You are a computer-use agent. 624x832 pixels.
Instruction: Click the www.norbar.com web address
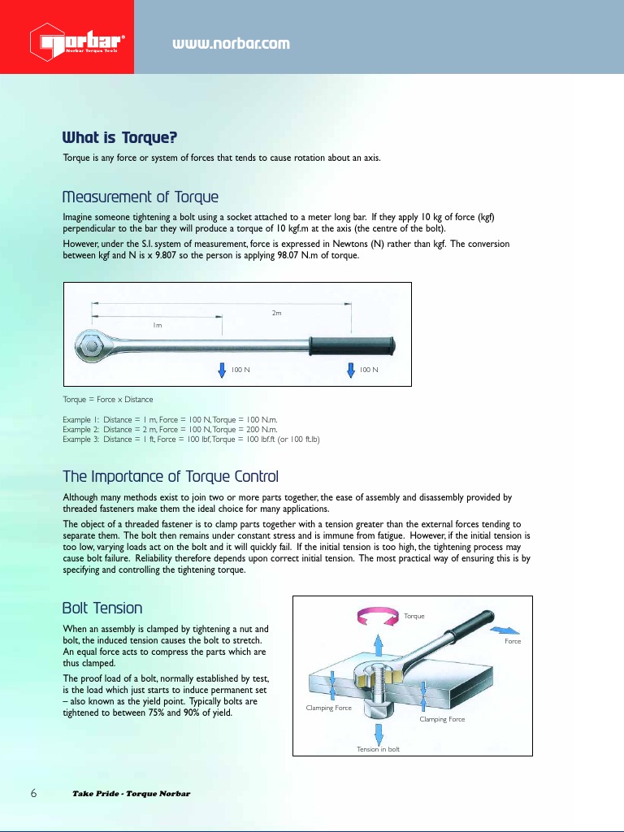point(231,43)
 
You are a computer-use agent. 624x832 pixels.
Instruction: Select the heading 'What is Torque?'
point(119,137)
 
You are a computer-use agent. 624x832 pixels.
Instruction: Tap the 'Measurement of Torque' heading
point(140,197)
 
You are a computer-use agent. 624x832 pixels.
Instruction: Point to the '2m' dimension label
point(276,313)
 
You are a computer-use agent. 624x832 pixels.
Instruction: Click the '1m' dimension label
point(158,325)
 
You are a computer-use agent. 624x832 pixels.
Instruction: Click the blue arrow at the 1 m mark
point(222,370)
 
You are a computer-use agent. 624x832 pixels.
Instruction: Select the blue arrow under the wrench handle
point(351,370)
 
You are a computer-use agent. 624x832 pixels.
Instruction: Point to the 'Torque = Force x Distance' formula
point(107,400)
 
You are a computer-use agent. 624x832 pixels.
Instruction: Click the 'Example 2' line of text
point(170,429)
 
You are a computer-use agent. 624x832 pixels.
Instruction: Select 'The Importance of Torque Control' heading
point(171,476)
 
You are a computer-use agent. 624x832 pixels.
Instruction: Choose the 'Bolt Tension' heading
point(102,609)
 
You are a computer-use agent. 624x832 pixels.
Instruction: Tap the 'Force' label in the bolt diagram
point(512,641)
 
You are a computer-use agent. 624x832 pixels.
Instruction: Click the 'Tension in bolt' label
point(378,748)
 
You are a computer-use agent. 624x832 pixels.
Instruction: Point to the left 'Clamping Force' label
point(328,708)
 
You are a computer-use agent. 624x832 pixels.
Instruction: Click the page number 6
point(34,793)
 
